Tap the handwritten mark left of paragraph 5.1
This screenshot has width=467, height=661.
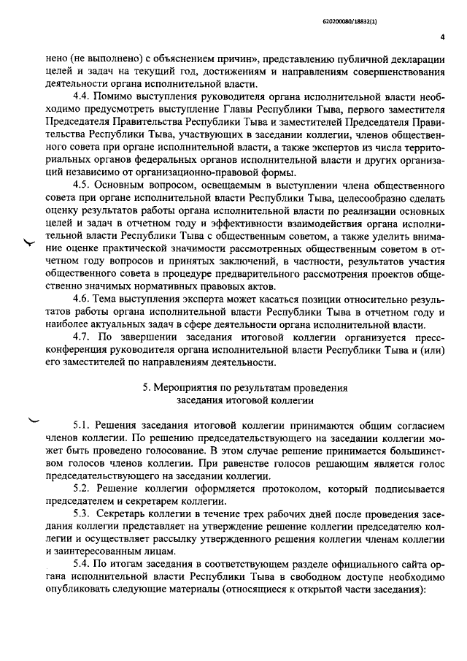pos(34,419)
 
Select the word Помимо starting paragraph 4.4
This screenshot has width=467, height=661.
pos(115,96)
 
